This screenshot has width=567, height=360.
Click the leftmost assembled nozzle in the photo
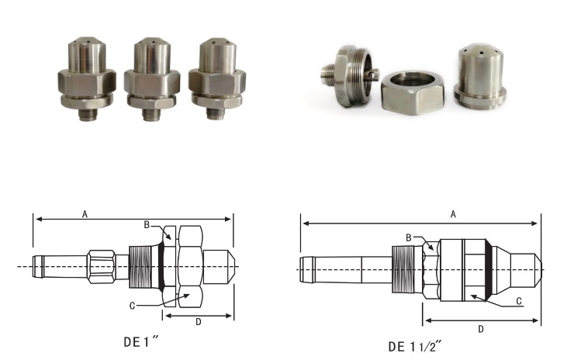pyautogui.click(x=87, y=78)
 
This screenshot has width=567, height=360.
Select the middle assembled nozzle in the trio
pyautogui.click(x=152, y=78)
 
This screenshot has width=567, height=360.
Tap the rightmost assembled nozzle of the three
pyautogui.click(x=217, y=78)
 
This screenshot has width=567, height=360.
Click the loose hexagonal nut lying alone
pyautogui.click(x=412, y=93)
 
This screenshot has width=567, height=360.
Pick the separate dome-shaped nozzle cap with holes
pyautogui.click(x=480, y=76)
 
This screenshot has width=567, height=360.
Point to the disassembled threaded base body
pyautogui.click(x=350, y=76)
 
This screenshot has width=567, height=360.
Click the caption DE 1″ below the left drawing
pyautogui.click(x=141, y=341)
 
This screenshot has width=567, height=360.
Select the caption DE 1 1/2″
pyautogui.click(x=415, y=346)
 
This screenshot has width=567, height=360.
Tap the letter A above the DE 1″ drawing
pyautogui.click(x=85, y=214)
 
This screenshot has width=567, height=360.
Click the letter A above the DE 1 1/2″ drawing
pyautogui.click(x=453, y=214)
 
